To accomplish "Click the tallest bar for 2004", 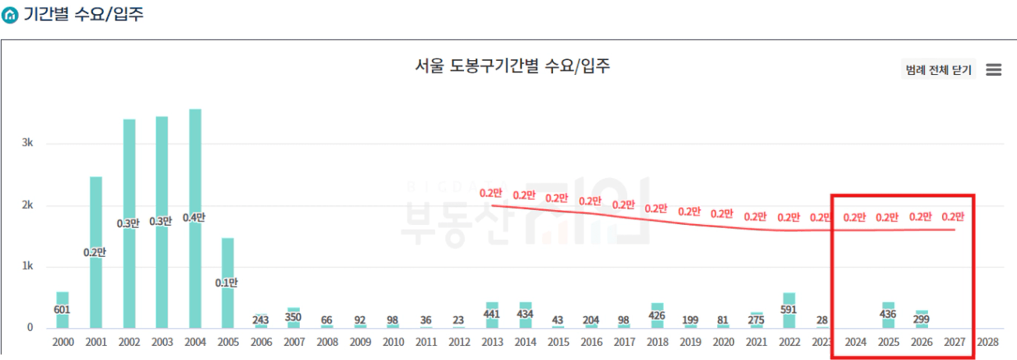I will [x=195, y=219].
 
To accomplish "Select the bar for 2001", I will [x=96, y=252].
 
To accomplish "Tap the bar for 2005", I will [x=227, y=283].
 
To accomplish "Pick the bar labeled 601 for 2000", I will [x=62, y=310].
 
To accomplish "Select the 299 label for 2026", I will [x=921, y=319].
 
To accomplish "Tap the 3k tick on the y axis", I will [x=27, y=144].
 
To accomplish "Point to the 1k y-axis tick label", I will [x=27, y=266].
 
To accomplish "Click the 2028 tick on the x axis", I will [x=987, y=342].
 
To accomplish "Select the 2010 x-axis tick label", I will [x=393, y=342].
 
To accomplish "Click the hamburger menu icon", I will [x=994, y=70].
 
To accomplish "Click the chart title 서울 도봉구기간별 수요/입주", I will [x=512, y=66].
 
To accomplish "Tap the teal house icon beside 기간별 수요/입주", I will [x=10, y=16].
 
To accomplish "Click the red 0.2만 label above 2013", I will [x=491, y=193].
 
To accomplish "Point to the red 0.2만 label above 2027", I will [x=954, y=217].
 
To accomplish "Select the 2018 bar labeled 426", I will [x=657, y=315].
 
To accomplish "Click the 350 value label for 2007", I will [x=294, y=317].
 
